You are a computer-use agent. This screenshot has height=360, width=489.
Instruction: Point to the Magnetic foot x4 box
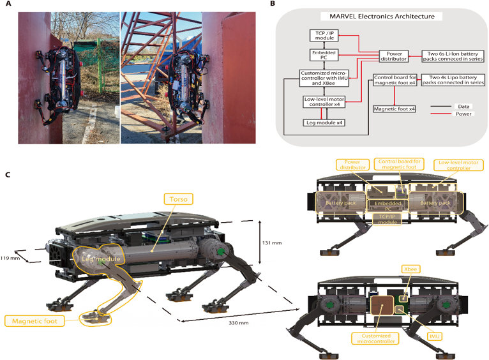tap(395, 109)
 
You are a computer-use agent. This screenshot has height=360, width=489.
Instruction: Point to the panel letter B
tap(273, 4)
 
